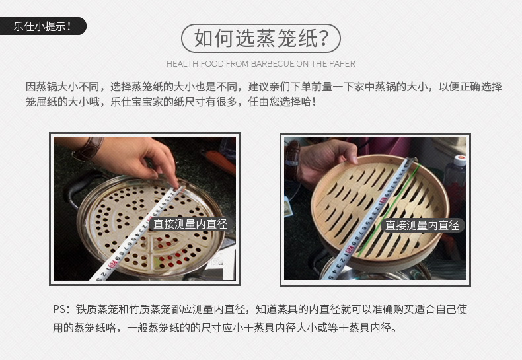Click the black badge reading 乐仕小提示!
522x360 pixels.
42,26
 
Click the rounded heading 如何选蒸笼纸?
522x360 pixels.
260,38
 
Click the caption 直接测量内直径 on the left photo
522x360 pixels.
190,224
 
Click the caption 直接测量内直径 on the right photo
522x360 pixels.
422,225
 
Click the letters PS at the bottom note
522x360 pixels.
59,309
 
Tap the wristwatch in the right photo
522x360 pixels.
291,160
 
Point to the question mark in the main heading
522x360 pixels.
324,38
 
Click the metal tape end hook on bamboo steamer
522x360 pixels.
412,161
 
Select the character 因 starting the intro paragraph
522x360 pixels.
30,87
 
